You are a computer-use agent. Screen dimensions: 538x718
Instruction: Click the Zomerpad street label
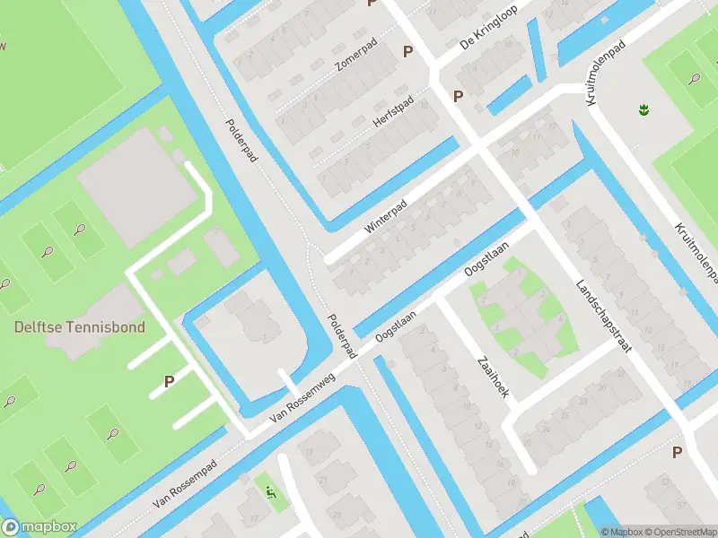[x=355, y=62]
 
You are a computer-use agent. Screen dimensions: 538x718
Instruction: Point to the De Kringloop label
[x=490, y=32]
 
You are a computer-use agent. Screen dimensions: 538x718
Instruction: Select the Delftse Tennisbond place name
[x=79, y=327]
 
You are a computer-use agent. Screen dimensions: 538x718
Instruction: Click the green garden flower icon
[x=643, y=109]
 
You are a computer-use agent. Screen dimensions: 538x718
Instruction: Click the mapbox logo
[x=39, y=527]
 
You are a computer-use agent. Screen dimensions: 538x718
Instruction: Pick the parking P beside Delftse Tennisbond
[x=169, y=381]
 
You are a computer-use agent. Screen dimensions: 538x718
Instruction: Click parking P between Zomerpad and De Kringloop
[x=408, y=52]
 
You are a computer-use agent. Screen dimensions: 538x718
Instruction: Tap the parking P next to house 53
[x=678, y=453]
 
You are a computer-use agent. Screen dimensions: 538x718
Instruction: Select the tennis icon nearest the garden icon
[x=695, y=78]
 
